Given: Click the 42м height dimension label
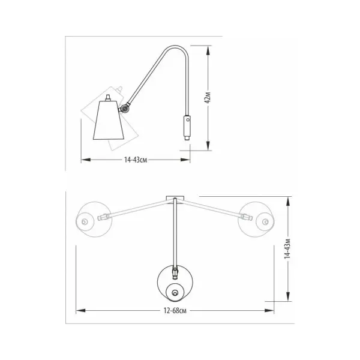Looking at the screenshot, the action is coord(208,98).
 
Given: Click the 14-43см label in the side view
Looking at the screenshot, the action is coord(136,160).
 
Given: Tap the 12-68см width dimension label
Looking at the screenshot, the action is coord(175,311).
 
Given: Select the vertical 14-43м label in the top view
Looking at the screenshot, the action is coord(287,248).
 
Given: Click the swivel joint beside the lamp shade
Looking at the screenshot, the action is coord(125,108).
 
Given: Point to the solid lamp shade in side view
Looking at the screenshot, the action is coord(109,120).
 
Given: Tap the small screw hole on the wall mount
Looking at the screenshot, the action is coord(188,119).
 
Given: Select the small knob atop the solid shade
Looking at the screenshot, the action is coord(107,98).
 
